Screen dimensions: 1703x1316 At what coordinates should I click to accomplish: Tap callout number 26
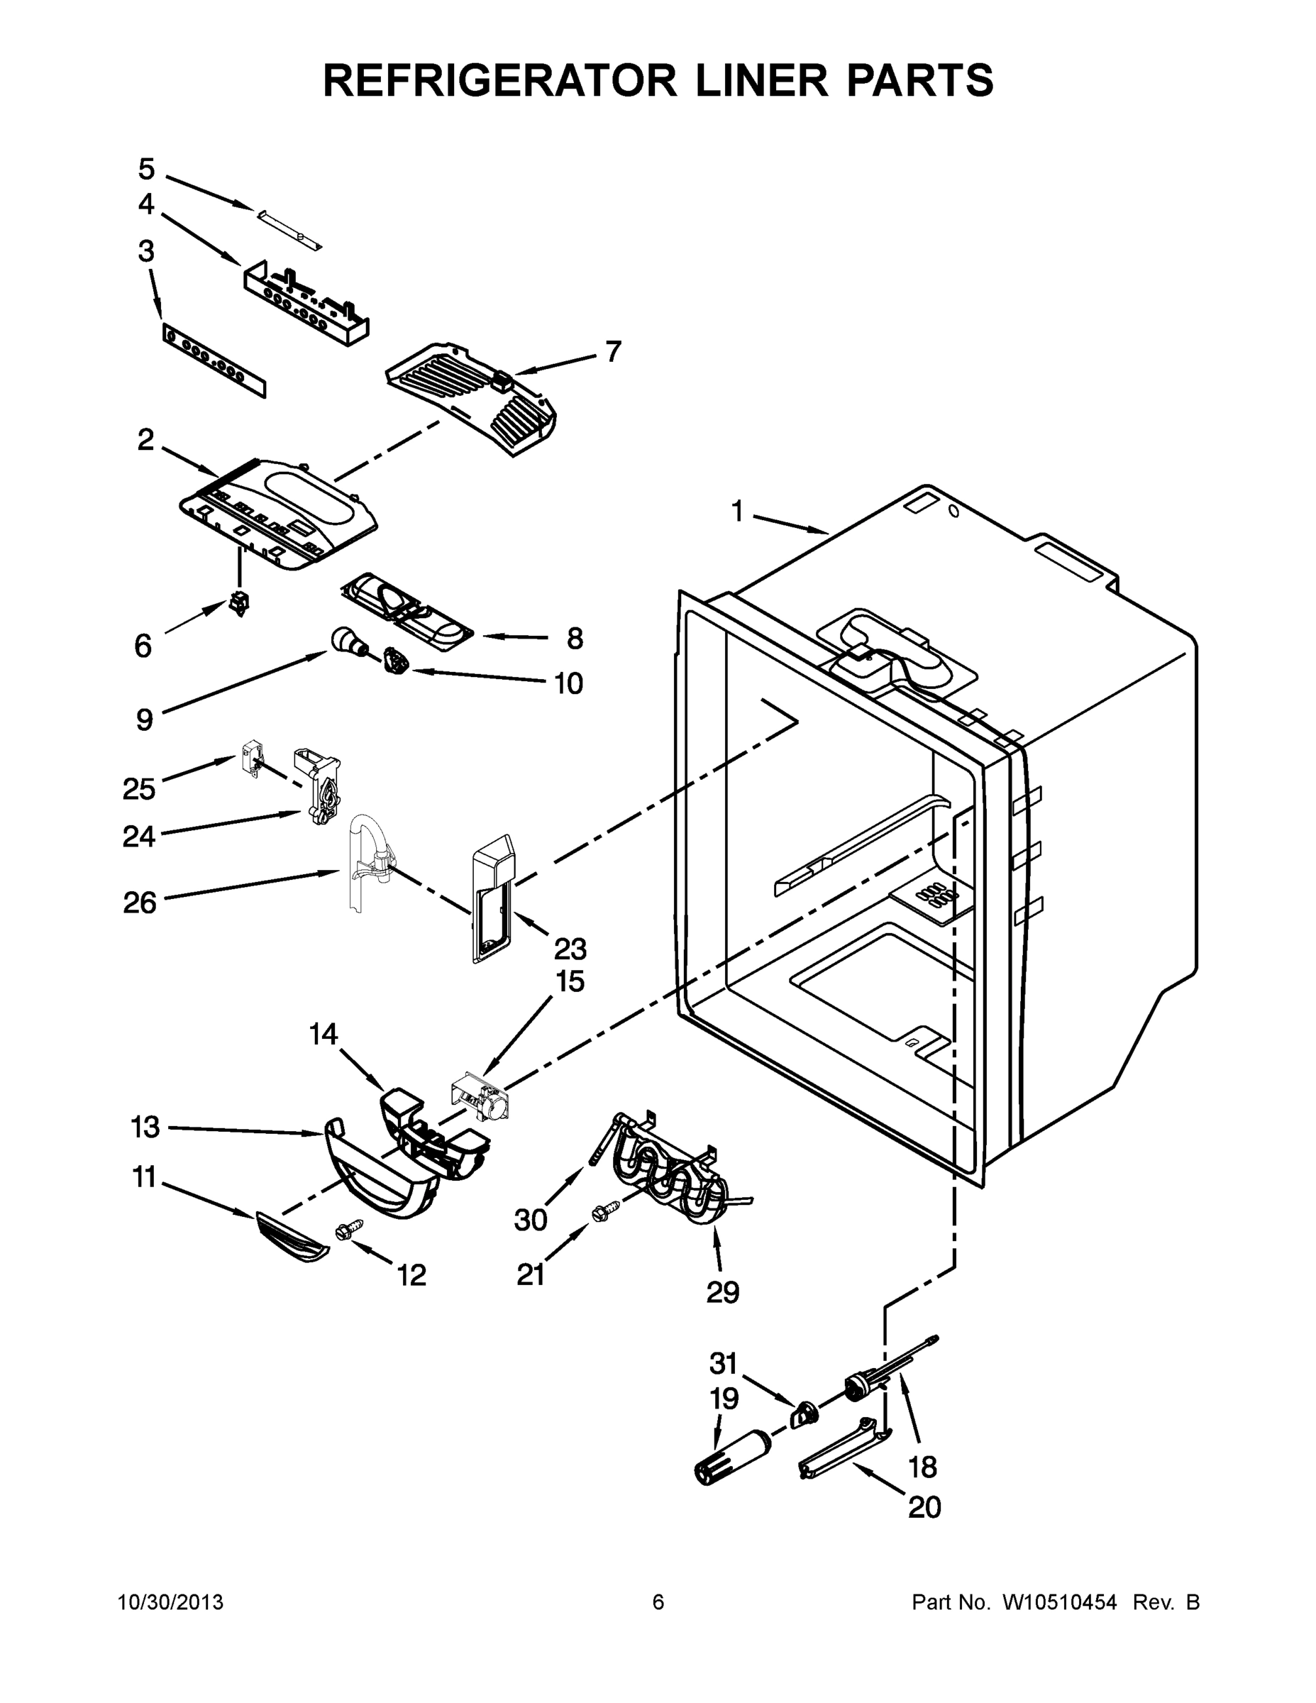[140, 903]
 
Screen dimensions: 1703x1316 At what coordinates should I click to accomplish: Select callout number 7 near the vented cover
[614, 352]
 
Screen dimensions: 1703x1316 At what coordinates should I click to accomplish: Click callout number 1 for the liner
[736, 512]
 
